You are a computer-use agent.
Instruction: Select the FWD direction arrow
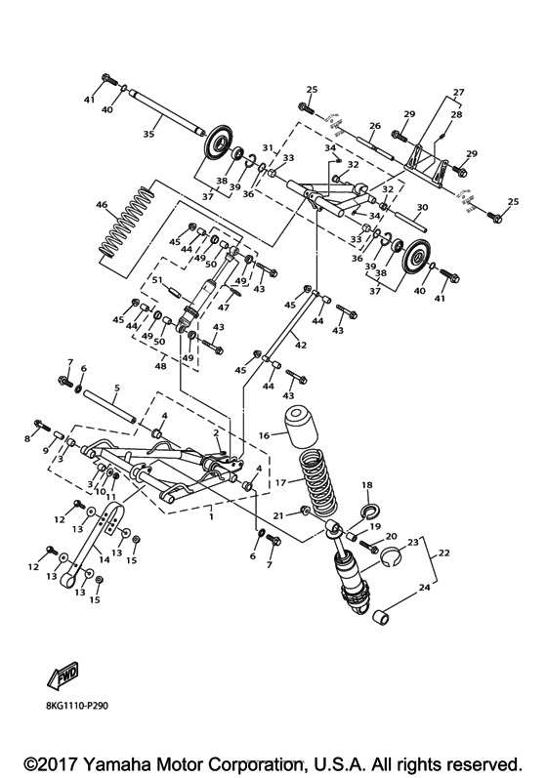[x=61, y=678]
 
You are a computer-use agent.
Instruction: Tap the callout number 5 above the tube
[x=115, y=388]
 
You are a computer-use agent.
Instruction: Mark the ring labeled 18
[x=370, y=510]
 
